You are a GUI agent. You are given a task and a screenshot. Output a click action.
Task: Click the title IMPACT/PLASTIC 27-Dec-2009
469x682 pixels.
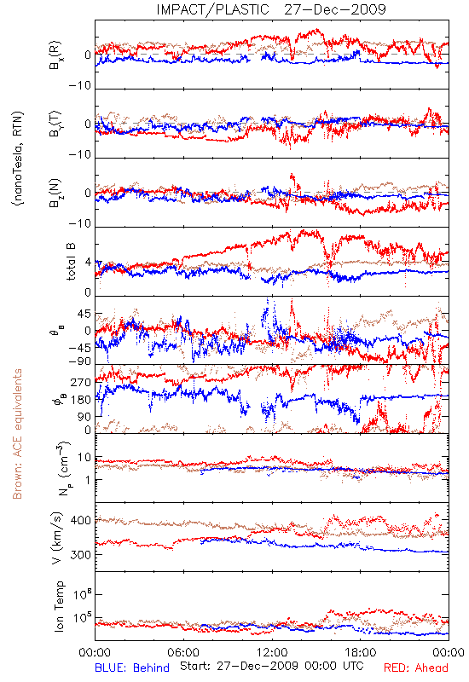pos(271,9)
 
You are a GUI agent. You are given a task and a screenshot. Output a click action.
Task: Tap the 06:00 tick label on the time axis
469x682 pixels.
pos(183,653)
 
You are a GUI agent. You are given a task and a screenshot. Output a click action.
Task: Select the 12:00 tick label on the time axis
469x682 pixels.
pos(272,653)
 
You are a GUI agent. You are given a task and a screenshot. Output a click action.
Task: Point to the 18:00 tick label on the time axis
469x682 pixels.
pos(361,653)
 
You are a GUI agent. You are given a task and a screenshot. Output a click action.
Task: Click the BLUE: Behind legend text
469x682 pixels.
pos(132,668)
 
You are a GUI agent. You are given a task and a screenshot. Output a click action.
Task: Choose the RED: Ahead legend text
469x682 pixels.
pos(415,668)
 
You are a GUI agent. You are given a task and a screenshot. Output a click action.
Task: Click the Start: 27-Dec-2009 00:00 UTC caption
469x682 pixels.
pos(271,666)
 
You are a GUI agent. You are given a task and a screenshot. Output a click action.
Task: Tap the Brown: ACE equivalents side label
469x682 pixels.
pos(17,434)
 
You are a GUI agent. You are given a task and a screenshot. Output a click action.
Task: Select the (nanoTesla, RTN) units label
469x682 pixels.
pos(18,159)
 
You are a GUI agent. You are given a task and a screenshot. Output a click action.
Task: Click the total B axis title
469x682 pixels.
pos(71,262)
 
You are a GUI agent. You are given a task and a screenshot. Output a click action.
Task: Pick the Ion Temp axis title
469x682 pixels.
pos(59,606)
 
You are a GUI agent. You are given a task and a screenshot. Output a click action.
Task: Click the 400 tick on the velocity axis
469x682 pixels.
pos(81,521)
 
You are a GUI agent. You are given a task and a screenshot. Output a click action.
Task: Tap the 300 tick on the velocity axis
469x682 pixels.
pos(81,555)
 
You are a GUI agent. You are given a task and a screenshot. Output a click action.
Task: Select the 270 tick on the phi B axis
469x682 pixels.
pos(81,383)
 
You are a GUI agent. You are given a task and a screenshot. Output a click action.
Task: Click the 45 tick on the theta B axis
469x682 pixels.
pos(84,314)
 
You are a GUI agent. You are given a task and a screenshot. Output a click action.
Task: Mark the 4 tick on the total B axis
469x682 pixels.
pos(89,263)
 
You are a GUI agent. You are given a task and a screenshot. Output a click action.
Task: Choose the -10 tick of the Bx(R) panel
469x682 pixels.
pos(80,86)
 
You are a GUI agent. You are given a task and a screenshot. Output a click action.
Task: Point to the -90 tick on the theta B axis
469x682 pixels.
pos(80,361)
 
